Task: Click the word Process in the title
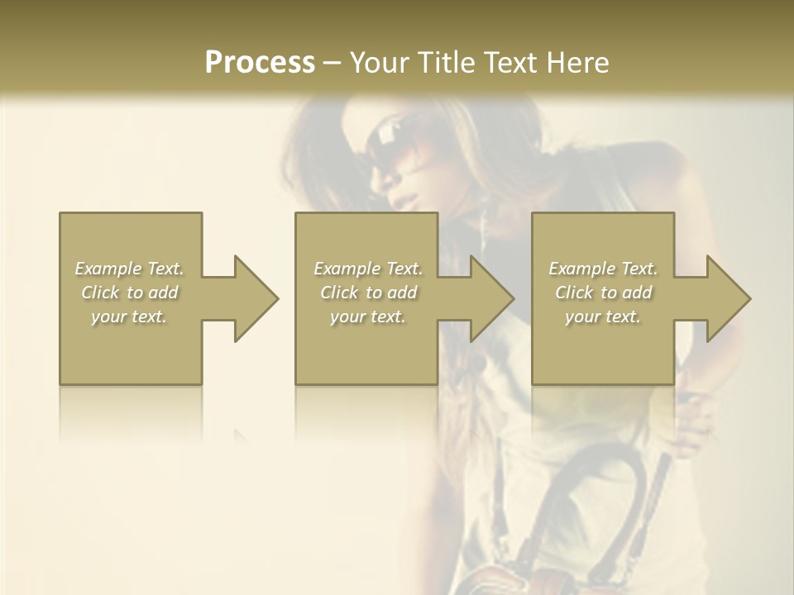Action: [x=260, y=63]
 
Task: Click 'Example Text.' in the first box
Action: [x=129, y=269]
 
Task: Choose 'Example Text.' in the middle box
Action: [x=368, y=269]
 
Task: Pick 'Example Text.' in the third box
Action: [x=603, y=269]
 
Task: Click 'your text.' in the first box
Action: [x=129, y=317]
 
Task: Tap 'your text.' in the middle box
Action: [x=368, y=317]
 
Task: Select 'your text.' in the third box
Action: [x=603, y=317]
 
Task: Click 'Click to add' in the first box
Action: [x=129, y=293]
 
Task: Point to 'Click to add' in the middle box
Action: [x=368, y=293]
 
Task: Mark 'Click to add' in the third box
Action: [x=603, y=293]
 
